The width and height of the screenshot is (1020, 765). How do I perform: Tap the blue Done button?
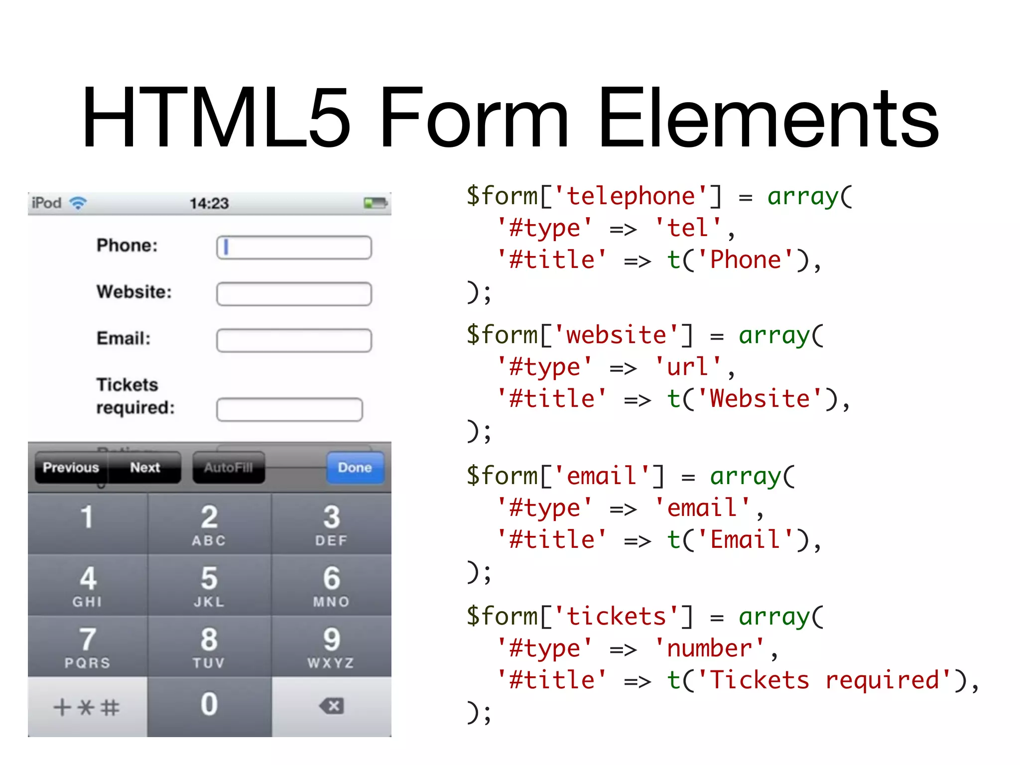(355, 468)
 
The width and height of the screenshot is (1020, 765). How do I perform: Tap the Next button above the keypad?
(145, 468)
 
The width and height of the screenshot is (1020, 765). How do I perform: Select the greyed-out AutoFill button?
(229, 468)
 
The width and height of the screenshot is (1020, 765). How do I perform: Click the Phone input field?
(294, 248)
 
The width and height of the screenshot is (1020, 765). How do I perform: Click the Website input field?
(294, 294)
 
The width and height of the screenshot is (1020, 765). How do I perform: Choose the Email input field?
(294, 340)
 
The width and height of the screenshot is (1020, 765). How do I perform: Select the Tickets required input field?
(289, 409)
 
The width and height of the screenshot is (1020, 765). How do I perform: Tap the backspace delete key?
(332, 706)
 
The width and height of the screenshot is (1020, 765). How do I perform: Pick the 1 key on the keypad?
(87, 523)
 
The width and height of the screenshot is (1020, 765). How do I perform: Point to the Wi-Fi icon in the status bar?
(78, 203)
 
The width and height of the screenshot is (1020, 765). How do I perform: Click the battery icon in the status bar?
(376, 203)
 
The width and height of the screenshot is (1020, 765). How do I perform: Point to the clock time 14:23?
(209, 203)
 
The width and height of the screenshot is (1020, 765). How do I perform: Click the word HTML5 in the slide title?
(217, 118)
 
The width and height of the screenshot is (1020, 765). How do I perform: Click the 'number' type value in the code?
(709, 648)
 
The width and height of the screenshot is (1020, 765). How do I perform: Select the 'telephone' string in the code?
(631, 196)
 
